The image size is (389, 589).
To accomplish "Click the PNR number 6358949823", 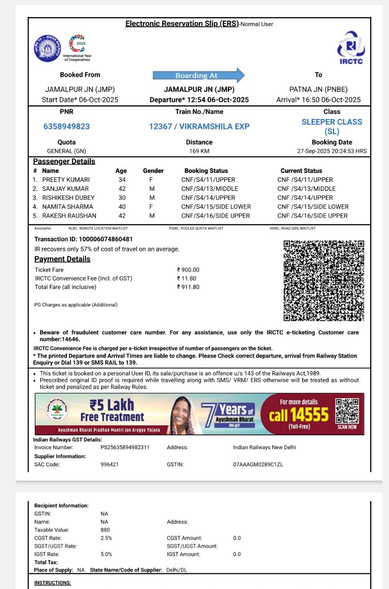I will pyautogui.click(x=66, y=126).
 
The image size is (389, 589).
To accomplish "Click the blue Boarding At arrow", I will pyautogui.click(x=199, y=75).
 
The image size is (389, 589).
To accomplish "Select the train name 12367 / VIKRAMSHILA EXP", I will pyautogui.click(x=199, y=126).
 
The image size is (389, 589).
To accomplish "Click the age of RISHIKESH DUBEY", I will pyautogui.click(x=122, y=198).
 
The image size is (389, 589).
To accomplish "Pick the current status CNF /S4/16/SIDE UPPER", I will pyautogui.click(x=312, y=216).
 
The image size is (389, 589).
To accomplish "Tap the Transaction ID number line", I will pyautogui.click(x=84, y=239).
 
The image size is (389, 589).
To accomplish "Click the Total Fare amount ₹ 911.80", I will pyautogui.click(x=188, y=287).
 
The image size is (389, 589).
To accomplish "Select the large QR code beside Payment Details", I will pyautogui.click(x=324, y=280).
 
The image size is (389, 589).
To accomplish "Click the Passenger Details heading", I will pyautogui.click(x=64, y=161).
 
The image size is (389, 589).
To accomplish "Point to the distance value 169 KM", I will pyautogui.click(x=199, y=151).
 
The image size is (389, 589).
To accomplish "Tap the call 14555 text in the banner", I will pyautogui.click(x=299, y=415).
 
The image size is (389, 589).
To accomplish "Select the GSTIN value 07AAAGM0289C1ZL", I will pyautogui.click(x=258, y=464).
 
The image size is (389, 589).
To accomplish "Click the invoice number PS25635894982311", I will pyautogui.click(x=125, y=447).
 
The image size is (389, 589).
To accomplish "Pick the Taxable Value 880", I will pyautogui.click(x=105, y=530).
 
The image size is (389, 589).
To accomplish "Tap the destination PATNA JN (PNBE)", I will pyautogui.click(x=318, y=89).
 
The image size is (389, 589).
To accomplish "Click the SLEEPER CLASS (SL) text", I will pyautogui.click(x=332, y=126).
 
